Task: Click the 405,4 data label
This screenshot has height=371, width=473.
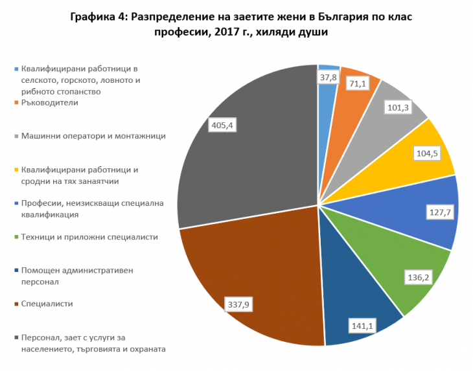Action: [221, 125]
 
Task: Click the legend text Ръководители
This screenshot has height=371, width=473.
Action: [49, 102]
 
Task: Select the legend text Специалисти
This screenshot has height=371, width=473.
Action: [47, 303]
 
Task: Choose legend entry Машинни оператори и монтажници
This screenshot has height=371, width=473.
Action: [93, 136]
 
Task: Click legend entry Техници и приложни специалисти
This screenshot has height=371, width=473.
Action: [89, 237]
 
